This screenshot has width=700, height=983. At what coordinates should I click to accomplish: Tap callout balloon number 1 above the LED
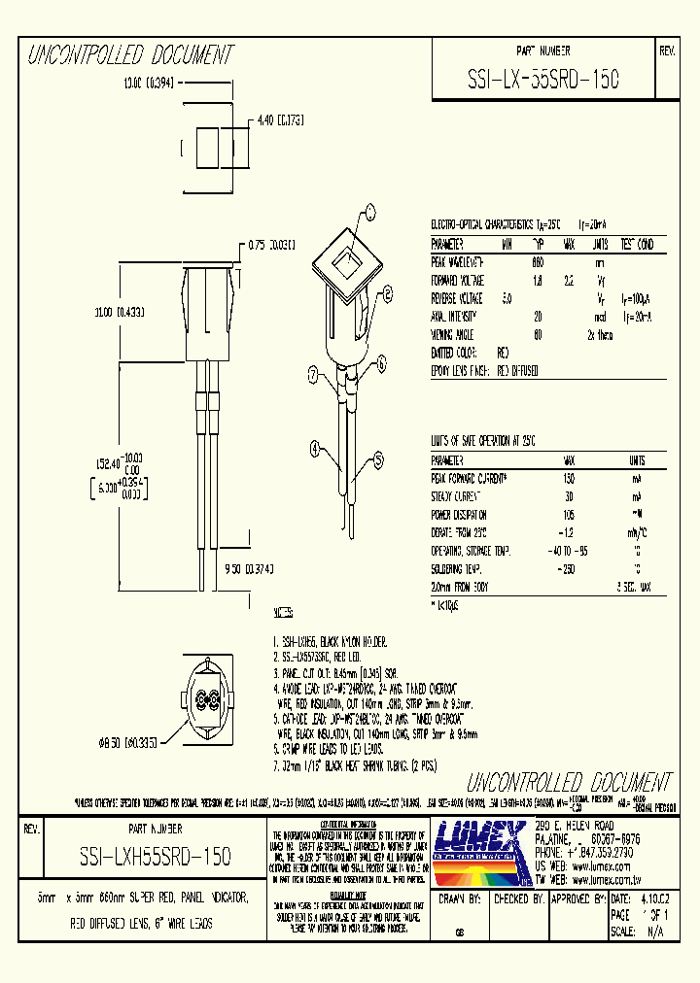(x=369, y=210)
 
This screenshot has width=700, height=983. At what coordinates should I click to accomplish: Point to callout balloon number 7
(x=313, y=374)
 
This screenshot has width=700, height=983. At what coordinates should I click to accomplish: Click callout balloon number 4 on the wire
(x=316, y=448)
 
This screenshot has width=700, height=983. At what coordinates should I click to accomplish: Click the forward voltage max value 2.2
(x=567, y=280)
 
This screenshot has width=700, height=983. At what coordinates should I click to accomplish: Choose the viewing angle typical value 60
(x=537, y=334)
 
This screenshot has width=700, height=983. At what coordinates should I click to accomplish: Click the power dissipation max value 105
(x=568, y=515)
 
